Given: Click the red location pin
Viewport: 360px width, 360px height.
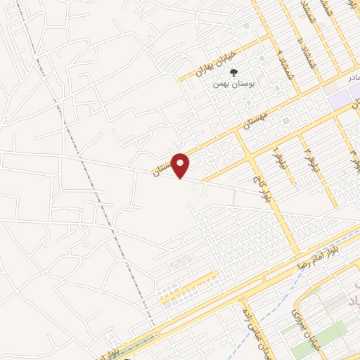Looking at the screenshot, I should (181, 166).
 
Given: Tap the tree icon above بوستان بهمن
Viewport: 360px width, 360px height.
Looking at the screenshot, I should (235, 72).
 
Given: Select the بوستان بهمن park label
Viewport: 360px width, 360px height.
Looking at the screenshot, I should (236, 82).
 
